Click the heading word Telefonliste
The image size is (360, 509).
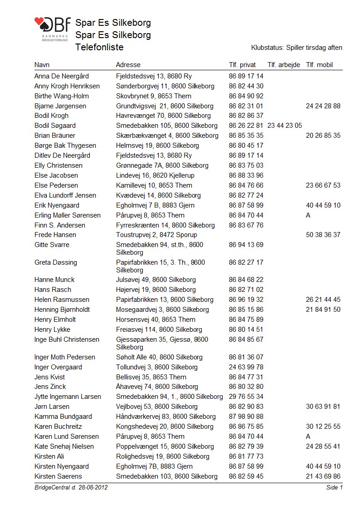pyautogui.click(x=99, y=47)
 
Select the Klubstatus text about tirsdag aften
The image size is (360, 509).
pyautogui.click(x=297, y=48)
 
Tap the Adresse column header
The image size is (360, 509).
pyautogui.click(x=128, y=65)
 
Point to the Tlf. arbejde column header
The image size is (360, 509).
pyautogui.click(x=284, y=65)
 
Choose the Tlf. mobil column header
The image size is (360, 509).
pyautogui.click(x=319, y=65)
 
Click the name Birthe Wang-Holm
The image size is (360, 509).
pyautogui.click(x=62, y=96)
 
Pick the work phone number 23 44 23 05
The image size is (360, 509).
pyautogui.click(x=285, y=126)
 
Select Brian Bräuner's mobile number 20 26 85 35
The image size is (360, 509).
pyautogui.click(x=323, y=136)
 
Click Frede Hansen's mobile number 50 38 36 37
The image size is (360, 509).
pyautogui.click(x=323, y=235)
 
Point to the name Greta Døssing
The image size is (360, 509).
pyautogui.click(x=56, y=262)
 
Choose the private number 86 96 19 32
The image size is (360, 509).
pyautogui.click(x=246, y=300)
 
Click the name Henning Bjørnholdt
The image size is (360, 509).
pyautogui.click(x=62, y=310)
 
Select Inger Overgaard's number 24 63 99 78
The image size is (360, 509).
pyautogui.click(x=246, y=367)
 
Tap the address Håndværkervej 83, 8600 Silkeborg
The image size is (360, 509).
pyautogui.click(x=165, y=417)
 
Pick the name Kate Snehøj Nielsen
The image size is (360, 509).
pyautogui.click(x=64, y=446)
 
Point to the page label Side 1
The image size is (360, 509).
pyautogui.click(x=334, y=487)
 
